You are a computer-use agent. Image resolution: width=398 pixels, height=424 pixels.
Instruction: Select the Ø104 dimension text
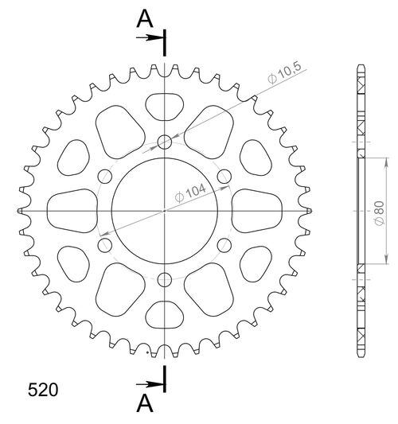tap(190, 193)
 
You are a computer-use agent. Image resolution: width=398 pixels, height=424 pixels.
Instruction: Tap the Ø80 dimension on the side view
tap(379, 213)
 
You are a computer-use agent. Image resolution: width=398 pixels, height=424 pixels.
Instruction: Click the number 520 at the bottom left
tap(43, 391)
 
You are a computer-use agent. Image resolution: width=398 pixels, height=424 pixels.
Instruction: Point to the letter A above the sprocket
tap(145, 19)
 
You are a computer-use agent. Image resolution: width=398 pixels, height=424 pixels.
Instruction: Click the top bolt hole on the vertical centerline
tap(165, 142)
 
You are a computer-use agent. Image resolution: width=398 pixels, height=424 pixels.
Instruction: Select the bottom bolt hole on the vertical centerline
tap(165, 279)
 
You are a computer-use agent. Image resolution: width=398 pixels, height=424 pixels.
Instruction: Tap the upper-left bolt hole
tap(105, 177)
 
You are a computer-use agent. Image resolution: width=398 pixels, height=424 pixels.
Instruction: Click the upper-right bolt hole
tap(224, 177)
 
